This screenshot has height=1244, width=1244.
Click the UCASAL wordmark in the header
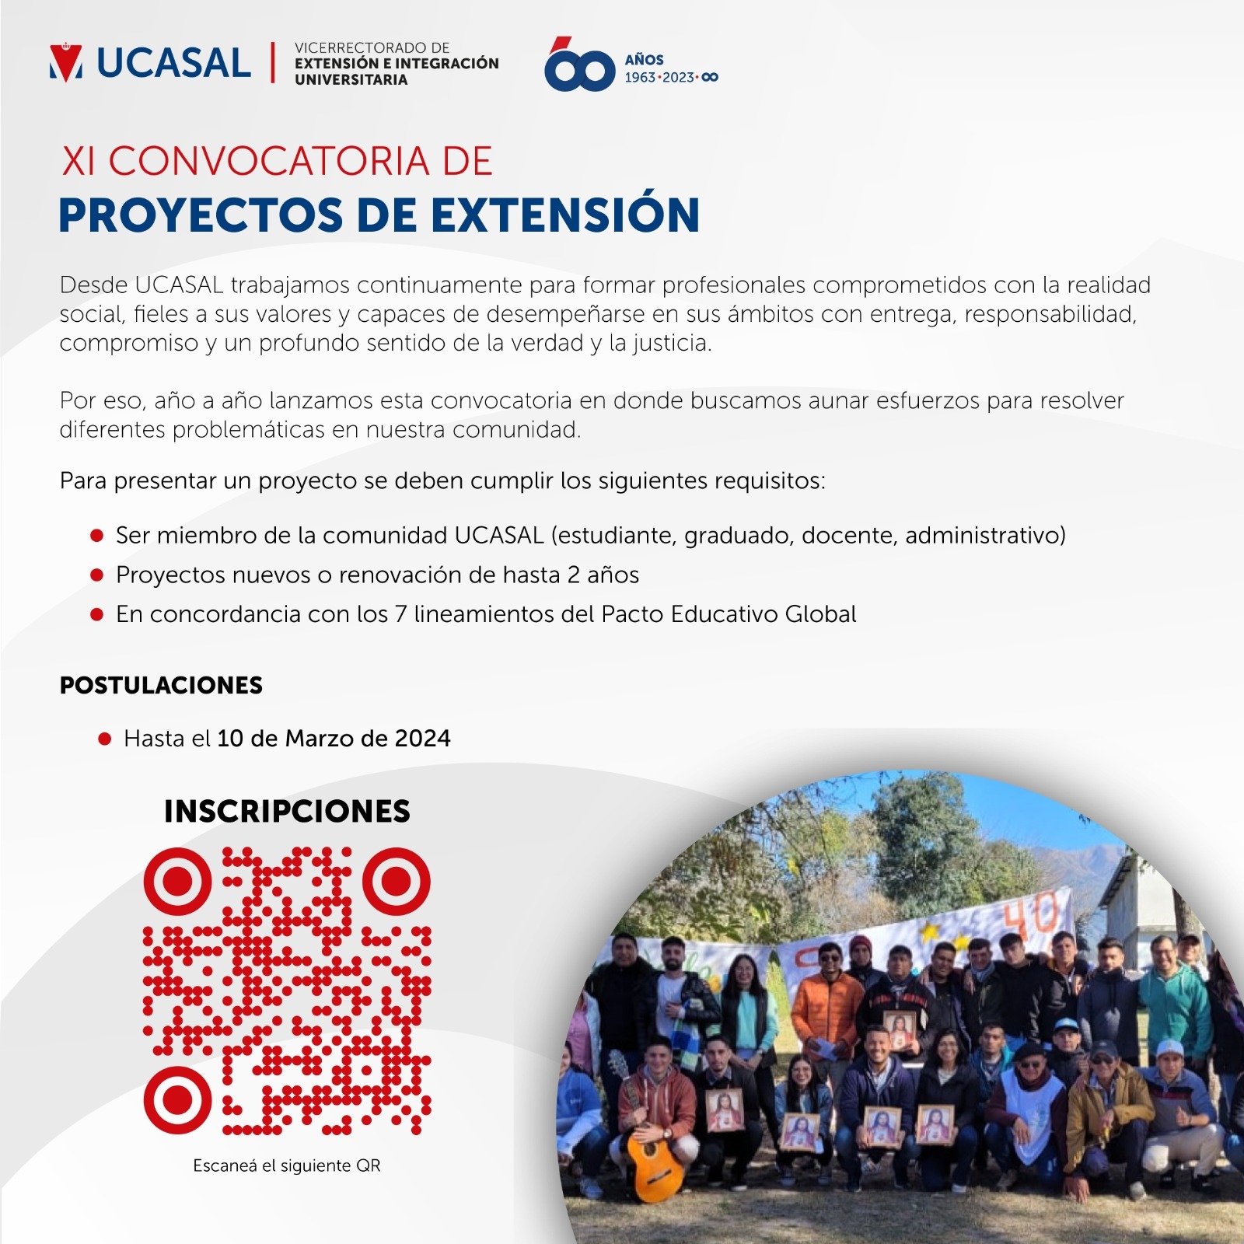(x=173, y=63)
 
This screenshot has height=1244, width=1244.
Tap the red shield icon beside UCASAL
(x=66, y=63)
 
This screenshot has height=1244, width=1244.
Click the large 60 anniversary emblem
(x=579, y=65)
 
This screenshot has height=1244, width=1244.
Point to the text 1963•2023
(x=659, y=78)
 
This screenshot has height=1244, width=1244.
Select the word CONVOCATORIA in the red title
(x=269, y=162)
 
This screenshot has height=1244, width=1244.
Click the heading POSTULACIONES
(x=161, y=685)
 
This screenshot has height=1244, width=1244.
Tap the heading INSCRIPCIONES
(x=287, y=811)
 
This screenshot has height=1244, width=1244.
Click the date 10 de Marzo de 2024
(x=334, y=738)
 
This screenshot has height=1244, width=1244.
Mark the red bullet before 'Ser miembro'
(x=97, y=536)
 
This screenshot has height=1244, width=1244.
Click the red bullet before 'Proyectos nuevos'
(x=97, y=575)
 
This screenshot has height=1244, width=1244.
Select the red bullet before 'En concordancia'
(x=97, y=614)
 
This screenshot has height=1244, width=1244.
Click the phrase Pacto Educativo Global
(x=729, y=614)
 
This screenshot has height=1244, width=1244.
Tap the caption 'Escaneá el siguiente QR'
(x=287, y=1165)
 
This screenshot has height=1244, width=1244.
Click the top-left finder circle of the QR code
(x=177, y=881)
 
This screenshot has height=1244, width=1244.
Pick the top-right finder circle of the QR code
(x=397, y=881)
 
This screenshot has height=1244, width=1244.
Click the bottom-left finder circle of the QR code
(x=177, y=1100)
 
